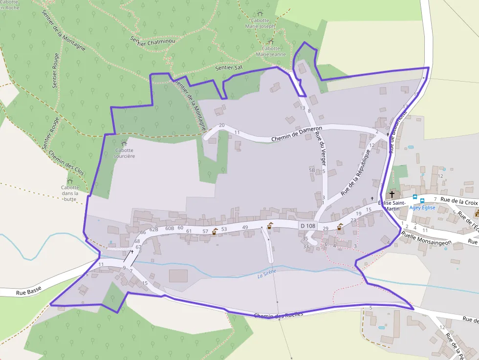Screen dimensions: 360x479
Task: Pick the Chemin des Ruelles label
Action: point(278,315)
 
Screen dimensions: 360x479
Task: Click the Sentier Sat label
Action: point(229,68)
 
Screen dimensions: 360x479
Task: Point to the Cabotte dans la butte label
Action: point(70,193)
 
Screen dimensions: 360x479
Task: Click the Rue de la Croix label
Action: point(458,201)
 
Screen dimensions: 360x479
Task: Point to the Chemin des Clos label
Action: point(66,163)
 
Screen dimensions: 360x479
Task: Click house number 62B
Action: point(154,230)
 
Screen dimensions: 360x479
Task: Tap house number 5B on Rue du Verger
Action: point(312,170)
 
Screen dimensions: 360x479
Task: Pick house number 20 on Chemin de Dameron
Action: point(221,126)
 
